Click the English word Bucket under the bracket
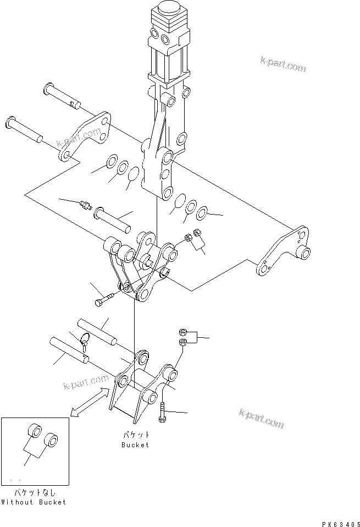[135, 444]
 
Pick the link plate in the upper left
[86, 138]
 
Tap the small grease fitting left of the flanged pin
[85, 206]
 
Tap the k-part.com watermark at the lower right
[262, 420]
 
